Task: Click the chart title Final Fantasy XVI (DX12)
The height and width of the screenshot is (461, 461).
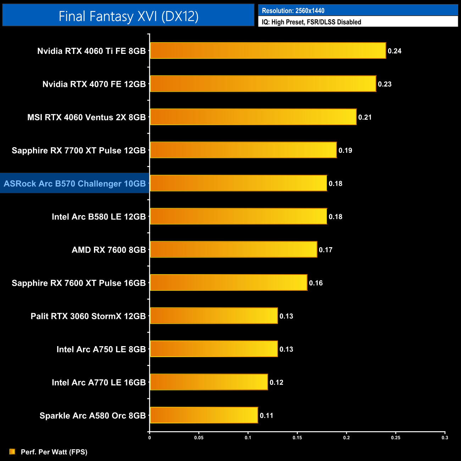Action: coord(128,16)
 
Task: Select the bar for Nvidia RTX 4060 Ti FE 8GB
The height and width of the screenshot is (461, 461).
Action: coord(268,51)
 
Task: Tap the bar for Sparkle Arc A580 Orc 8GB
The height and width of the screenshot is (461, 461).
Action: coord(204,415)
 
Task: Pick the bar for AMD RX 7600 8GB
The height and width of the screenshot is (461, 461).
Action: coord(233,250)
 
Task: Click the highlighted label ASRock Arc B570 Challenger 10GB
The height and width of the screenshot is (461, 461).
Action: coord(75,184)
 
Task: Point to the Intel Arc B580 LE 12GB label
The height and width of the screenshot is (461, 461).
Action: coord(99,217)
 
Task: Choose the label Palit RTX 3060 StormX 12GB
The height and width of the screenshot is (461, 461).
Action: coord(88,316)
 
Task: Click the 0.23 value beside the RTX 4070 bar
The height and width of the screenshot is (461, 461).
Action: coord(384,84)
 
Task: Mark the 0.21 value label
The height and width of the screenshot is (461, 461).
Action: coord(365,117)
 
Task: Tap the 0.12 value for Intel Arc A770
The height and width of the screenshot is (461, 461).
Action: coord(276,382)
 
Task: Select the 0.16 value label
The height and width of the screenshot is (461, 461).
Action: coord(316,283)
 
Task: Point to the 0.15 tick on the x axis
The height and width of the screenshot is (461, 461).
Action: coord(297,438)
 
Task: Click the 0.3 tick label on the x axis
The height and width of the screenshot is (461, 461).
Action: coord(445,438)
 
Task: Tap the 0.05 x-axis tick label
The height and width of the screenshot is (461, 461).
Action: coord(199,438)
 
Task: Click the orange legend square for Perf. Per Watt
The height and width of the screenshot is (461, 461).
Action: coord(12,451)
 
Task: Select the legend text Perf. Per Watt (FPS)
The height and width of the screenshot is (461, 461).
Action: coord(54,452)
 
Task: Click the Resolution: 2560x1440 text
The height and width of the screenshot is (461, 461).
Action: coord(293,11)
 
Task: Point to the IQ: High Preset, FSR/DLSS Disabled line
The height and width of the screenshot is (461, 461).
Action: coord(311,22)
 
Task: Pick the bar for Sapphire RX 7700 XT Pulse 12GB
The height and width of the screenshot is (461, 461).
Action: coord(243,150)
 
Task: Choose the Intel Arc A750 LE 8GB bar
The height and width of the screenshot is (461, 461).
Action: coord(214,349)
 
